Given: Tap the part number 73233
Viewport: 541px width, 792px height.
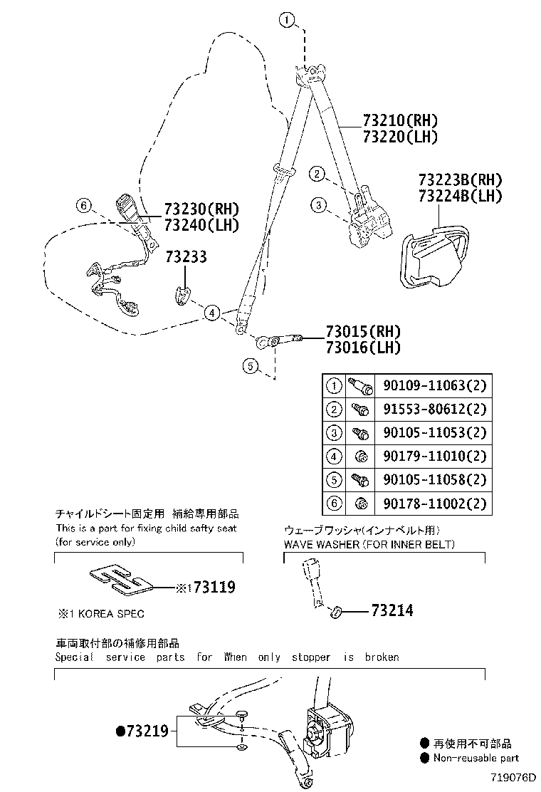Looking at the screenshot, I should click(x=187, y=256).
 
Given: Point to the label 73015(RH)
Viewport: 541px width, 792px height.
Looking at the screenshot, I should click(x=363, y=331).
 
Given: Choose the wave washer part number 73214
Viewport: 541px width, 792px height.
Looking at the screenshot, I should click(x=392, y=610).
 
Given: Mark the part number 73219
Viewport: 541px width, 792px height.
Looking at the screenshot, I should click(x=147, y=731).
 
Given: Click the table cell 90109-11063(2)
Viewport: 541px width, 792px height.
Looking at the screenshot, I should click(x=434, y=387).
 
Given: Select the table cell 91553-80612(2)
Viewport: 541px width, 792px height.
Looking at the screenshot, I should click(x=434, y=410).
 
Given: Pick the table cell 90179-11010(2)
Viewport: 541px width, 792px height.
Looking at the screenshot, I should click(x=434, y=457).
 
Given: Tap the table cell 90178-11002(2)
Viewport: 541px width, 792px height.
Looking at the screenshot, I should click(x=434, y=504).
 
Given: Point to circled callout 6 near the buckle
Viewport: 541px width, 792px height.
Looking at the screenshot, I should click(x=83, y=207).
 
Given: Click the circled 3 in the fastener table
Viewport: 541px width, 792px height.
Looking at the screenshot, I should click(x=333, y=433).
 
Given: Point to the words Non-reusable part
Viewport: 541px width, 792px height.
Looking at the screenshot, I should click(x=476, y=758).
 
